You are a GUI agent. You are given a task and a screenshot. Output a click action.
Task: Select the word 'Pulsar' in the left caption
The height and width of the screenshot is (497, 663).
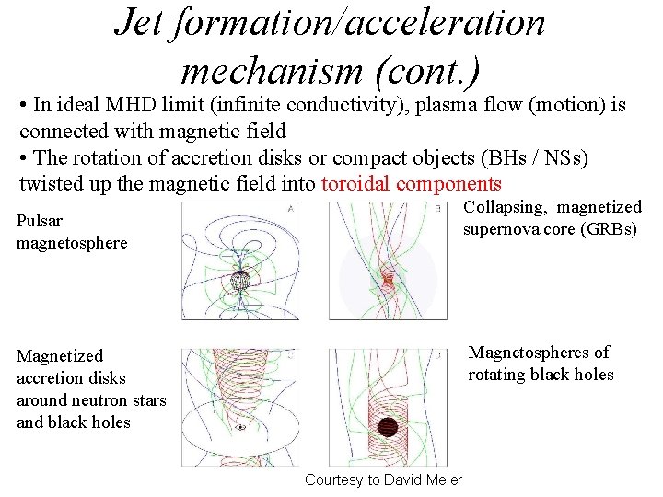click(x=40, y=222)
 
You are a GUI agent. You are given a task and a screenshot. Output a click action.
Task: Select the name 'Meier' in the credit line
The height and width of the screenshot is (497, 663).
click(x=444, y=480)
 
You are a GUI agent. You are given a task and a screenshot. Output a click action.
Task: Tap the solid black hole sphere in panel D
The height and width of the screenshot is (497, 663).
click(x=389, y=427)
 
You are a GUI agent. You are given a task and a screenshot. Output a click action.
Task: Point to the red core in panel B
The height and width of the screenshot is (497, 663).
click(x=388, y=277)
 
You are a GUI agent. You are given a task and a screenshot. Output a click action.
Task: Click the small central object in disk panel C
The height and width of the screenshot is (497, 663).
click(x=240, y=427)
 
